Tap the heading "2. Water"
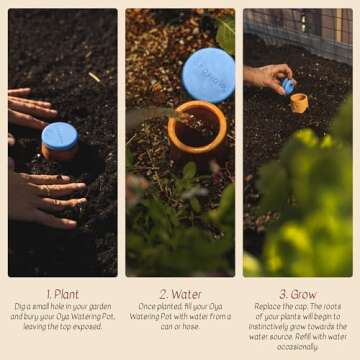point(180,294)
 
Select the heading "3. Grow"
point(297,294)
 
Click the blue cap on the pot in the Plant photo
point(59,136)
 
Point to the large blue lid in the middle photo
point(208,74)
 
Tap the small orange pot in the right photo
point(299,102)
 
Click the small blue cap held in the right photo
point(288,86)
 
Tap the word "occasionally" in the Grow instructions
point(298,346)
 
